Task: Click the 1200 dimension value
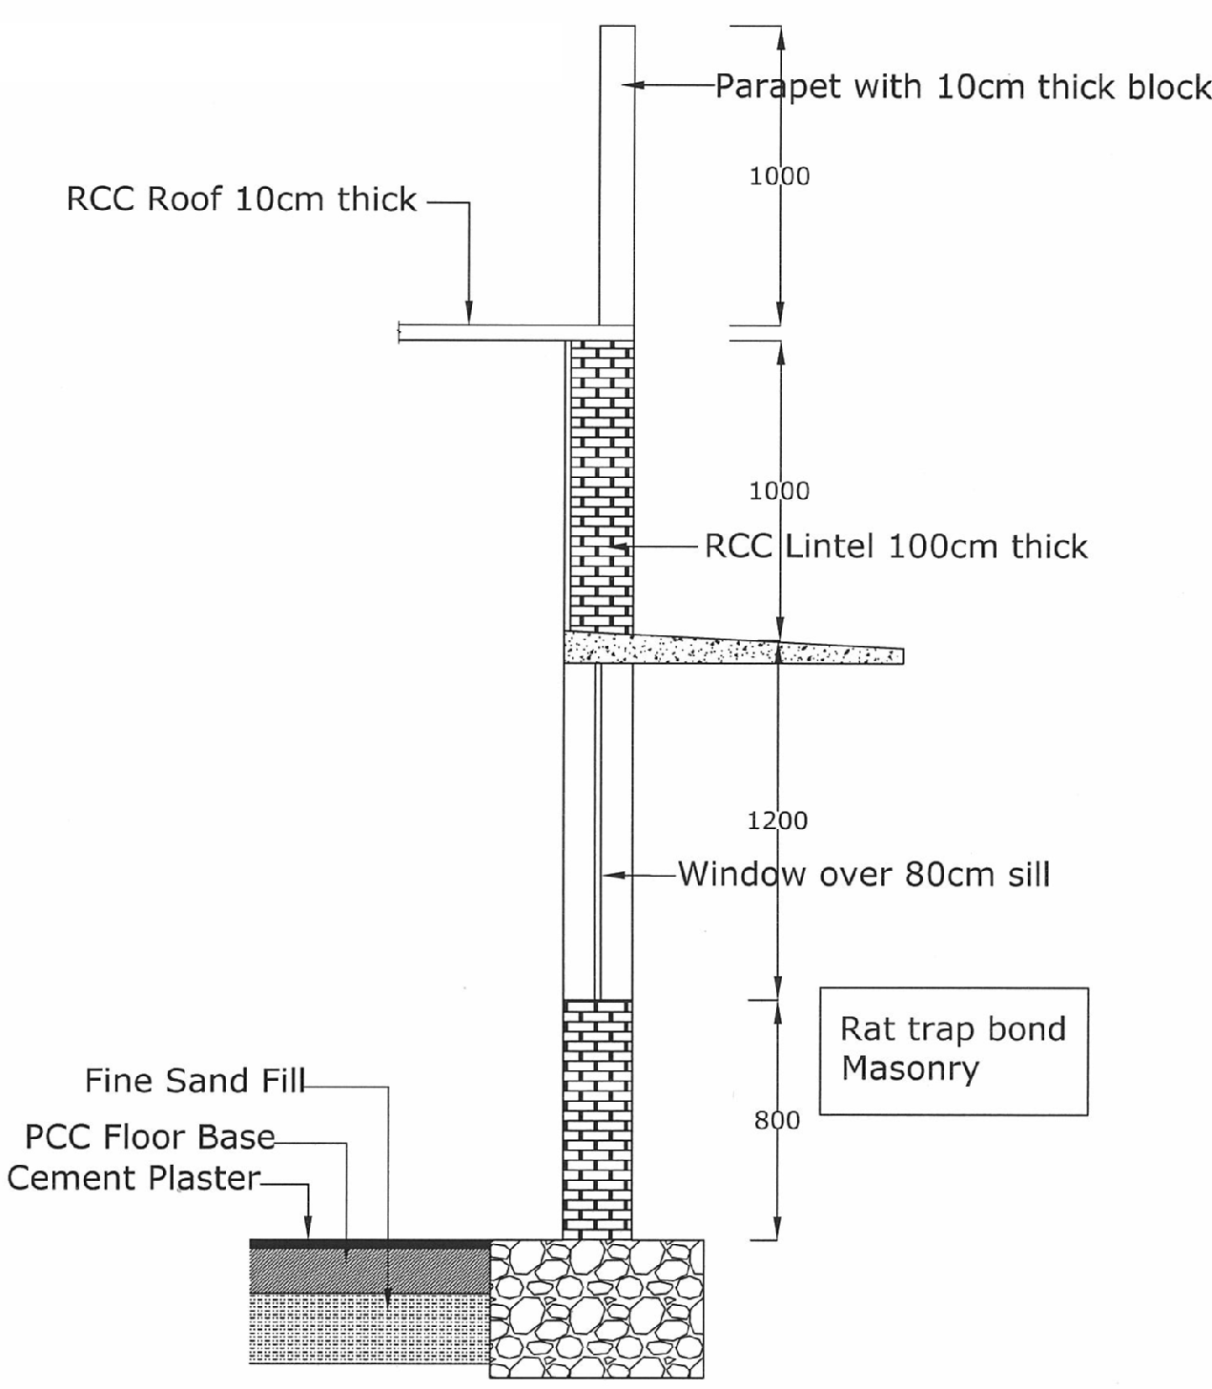(777, 820)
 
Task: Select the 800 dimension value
(777, 1120)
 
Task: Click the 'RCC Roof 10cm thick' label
(241, 199)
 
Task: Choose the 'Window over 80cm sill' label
(864, 874)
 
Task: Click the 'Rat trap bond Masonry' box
(954, 1050)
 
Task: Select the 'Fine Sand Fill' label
(195, 1081)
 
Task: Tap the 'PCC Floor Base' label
(150, 1137)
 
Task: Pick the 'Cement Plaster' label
(134, 1178)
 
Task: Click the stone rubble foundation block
(597, 1308)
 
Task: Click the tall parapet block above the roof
(617, 172)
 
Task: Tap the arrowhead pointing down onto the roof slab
(468, 314)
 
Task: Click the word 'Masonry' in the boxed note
(910, 1068)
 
